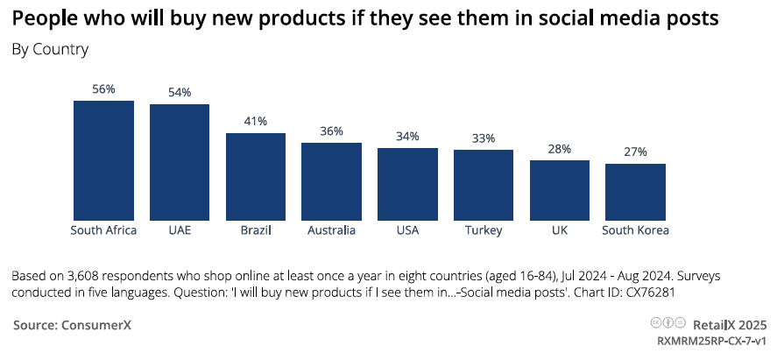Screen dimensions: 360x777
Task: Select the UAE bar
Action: (x=180, y=162)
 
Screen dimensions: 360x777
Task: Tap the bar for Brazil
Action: (x=256, y=176)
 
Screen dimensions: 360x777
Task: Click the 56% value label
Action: (x=104, y=89)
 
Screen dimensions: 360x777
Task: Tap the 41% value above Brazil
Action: (x=256, y=122)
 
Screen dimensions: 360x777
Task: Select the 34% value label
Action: (x=407, y=137)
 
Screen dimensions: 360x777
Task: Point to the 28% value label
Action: (x=560, y=149)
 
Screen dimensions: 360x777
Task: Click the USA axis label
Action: (x=407, y=230)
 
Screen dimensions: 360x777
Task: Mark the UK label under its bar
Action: (x=560, y=230)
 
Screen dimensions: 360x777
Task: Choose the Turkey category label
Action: (x=484, y=230)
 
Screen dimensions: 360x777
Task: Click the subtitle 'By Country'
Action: (x=50, y=49)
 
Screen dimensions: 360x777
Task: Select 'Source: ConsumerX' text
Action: (x=73, y=325)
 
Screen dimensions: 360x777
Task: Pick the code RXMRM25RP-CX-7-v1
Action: (x=712, y=340)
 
